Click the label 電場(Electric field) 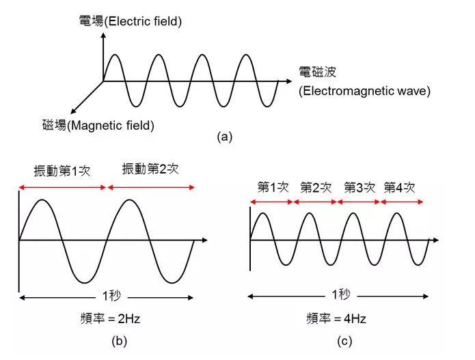[x=131, y=21]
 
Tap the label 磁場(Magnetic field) [x=98, y=125]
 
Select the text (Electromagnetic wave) [x=364, y=91]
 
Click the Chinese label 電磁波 [x=318, y=72]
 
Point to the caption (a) [x=224, y=137]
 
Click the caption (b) [x=119, y=342]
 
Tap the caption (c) [x=344, y=342]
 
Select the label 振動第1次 [x=62, y=171]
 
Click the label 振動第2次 [x=150, y=169]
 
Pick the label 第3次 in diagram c [x=359, y=188]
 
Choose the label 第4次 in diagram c [x=399, y=188]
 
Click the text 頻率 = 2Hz [x=110, y=319]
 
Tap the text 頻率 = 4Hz [x=336, y=319]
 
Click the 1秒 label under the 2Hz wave [x=111, y=296]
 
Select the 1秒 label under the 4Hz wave [x=341, y=294]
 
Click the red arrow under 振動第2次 [x=151, y=187]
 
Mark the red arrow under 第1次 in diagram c [x=272, y=202]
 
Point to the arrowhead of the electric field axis [x=103, y=35]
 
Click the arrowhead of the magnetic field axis [x=72, y=112]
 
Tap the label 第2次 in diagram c [x=316, y=188]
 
